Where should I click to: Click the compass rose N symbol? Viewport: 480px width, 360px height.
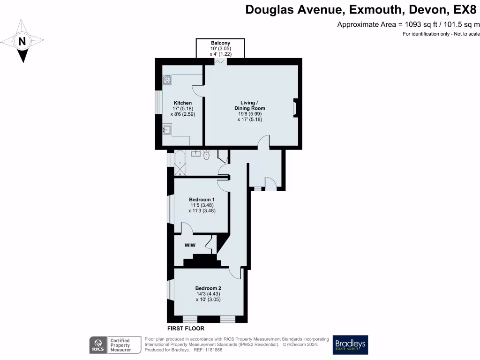click(22, 41)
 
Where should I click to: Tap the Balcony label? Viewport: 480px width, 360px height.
click(220, 43)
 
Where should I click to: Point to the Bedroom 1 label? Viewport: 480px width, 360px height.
click(201, 199)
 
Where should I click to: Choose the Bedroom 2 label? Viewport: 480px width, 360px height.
click(208, 288)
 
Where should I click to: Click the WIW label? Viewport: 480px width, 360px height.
click(190, 245)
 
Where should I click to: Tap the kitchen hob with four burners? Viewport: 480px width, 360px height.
click(167, 80)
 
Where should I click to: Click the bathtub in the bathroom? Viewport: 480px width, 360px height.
click(180, 163)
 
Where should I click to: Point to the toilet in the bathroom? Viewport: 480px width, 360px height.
click(207, 155)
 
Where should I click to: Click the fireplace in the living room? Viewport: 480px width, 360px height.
click(295, 108)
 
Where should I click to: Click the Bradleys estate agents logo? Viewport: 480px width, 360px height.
click(351, 345)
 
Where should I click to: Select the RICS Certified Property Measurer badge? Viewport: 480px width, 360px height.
click(116, 345)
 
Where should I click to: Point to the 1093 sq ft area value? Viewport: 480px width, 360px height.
click(418, 24)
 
